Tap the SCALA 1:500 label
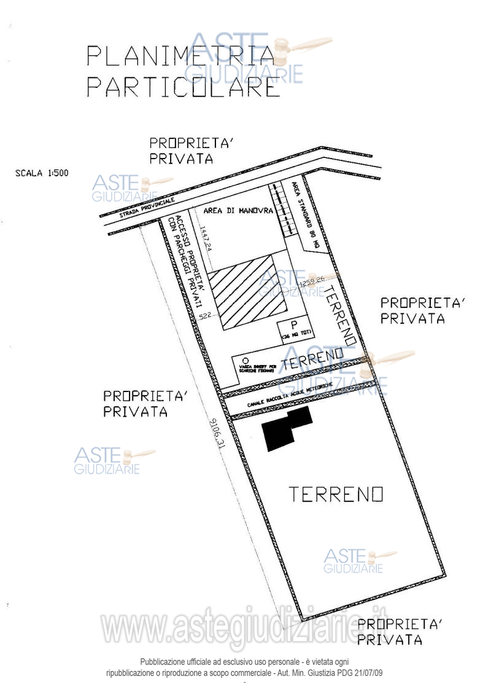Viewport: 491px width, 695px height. [x=42, y=173]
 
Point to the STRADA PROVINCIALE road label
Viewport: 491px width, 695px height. [x=148, y=207]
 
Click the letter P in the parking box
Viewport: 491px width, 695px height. [x=294, y=325]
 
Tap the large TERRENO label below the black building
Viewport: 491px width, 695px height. [x=336, y=494]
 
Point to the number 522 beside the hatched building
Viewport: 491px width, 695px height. [x=206, y=316]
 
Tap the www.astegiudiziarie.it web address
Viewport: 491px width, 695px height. [x=245, y=627]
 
